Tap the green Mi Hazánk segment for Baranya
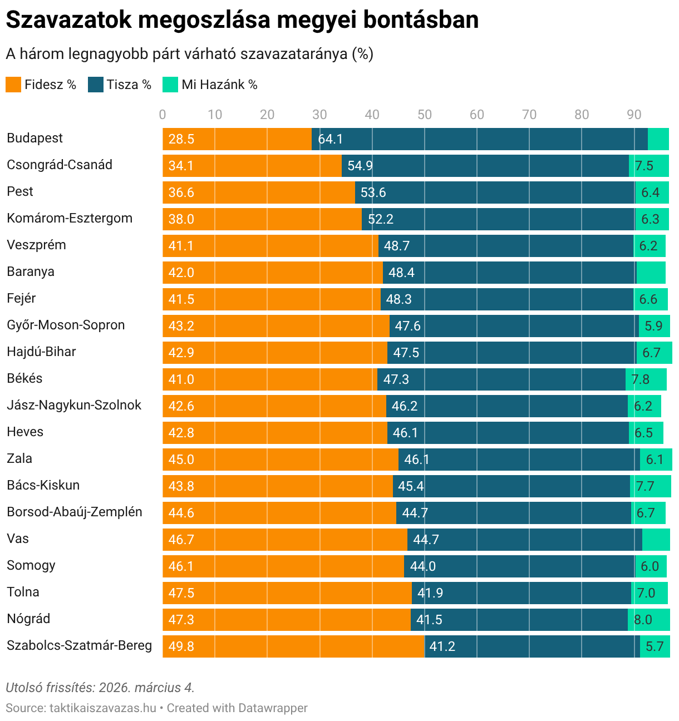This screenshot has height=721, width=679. click(651, 273)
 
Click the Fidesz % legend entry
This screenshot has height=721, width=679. click(41, 85)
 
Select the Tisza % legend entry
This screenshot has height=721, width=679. click(120, 85)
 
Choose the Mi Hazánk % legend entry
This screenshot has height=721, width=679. click(210, 85)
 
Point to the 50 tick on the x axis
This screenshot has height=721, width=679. click(425, 115)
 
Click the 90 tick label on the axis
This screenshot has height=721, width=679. click(634, 115)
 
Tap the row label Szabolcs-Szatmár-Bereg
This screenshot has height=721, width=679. click(79, 645)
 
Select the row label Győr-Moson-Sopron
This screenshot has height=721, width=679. click(66, 325)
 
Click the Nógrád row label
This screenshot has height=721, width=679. click(28, 619)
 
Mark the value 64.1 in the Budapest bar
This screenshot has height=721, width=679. click(330, 139)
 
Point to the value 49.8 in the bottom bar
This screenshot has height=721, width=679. click(181, 646)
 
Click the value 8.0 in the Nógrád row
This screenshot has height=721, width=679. click(643, 620)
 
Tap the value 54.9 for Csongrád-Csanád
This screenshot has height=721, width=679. click(360, 166)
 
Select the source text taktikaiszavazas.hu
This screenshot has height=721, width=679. click(103, 708)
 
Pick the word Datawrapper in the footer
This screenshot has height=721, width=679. click(273, 708)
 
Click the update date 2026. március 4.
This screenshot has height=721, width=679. click(147, 688)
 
